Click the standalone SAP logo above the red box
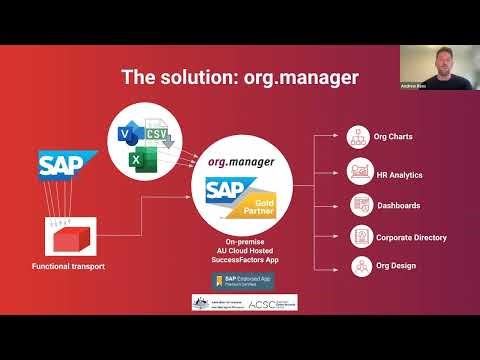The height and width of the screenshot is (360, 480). pyautogui.click(x=68, y=164)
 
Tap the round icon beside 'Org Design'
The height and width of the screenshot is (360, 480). pyautogui.click(x=360, y=268)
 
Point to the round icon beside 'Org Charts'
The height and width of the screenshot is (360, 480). pyautogui.click(x=360, y=137)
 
